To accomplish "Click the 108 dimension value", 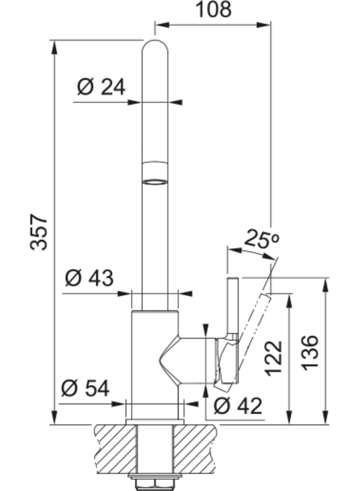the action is [x=213, y=9].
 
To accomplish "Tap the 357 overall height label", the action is [x=39, y=232].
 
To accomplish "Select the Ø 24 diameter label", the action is [x=101, y=87].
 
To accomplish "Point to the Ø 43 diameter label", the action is [x=89, y=278].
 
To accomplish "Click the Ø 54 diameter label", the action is [x=85, y=388].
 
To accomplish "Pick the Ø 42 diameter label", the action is [x=238, y=406].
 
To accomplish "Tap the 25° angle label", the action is [x=261, y=239].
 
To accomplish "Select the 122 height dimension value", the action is [x=274, y=358].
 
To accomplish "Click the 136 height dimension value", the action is [x=310, y=352].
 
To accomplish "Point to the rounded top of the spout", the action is [x=155, y=45].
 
